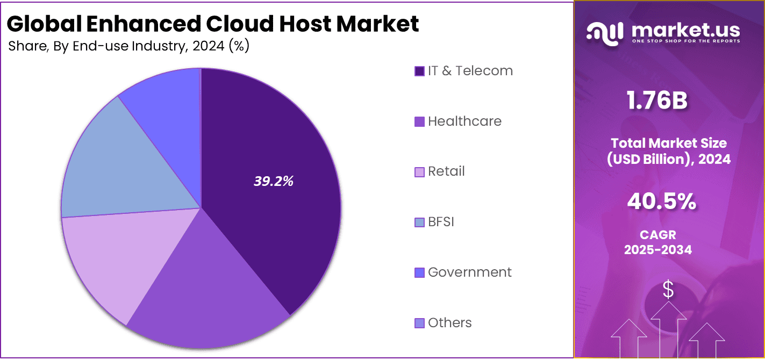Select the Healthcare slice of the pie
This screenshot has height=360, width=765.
(210, 285)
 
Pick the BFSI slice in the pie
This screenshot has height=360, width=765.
(118, 167)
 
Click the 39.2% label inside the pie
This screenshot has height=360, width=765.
(273, 182)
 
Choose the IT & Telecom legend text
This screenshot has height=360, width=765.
(470, 71)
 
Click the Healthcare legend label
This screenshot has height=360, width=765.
(464, 121)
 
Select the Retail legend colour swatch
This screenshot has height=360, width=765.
(419, 172)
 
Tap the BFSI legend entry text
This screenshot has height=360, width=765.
(441, 222)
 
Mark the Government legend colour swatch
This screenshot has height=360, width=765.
(419, 273)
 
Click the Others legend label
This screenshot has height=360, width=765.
(449, 323)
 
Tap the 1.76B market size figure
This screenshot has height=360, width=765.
(656, 100)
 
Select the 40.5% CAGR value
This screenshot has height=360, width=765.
(661, 202)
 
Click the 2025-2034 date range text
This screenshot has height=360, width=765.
(657, 250)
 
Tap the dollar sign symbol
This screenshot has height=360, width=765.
(668, 290)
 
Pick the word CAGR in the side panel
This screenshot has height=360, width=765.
(657, 235)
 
